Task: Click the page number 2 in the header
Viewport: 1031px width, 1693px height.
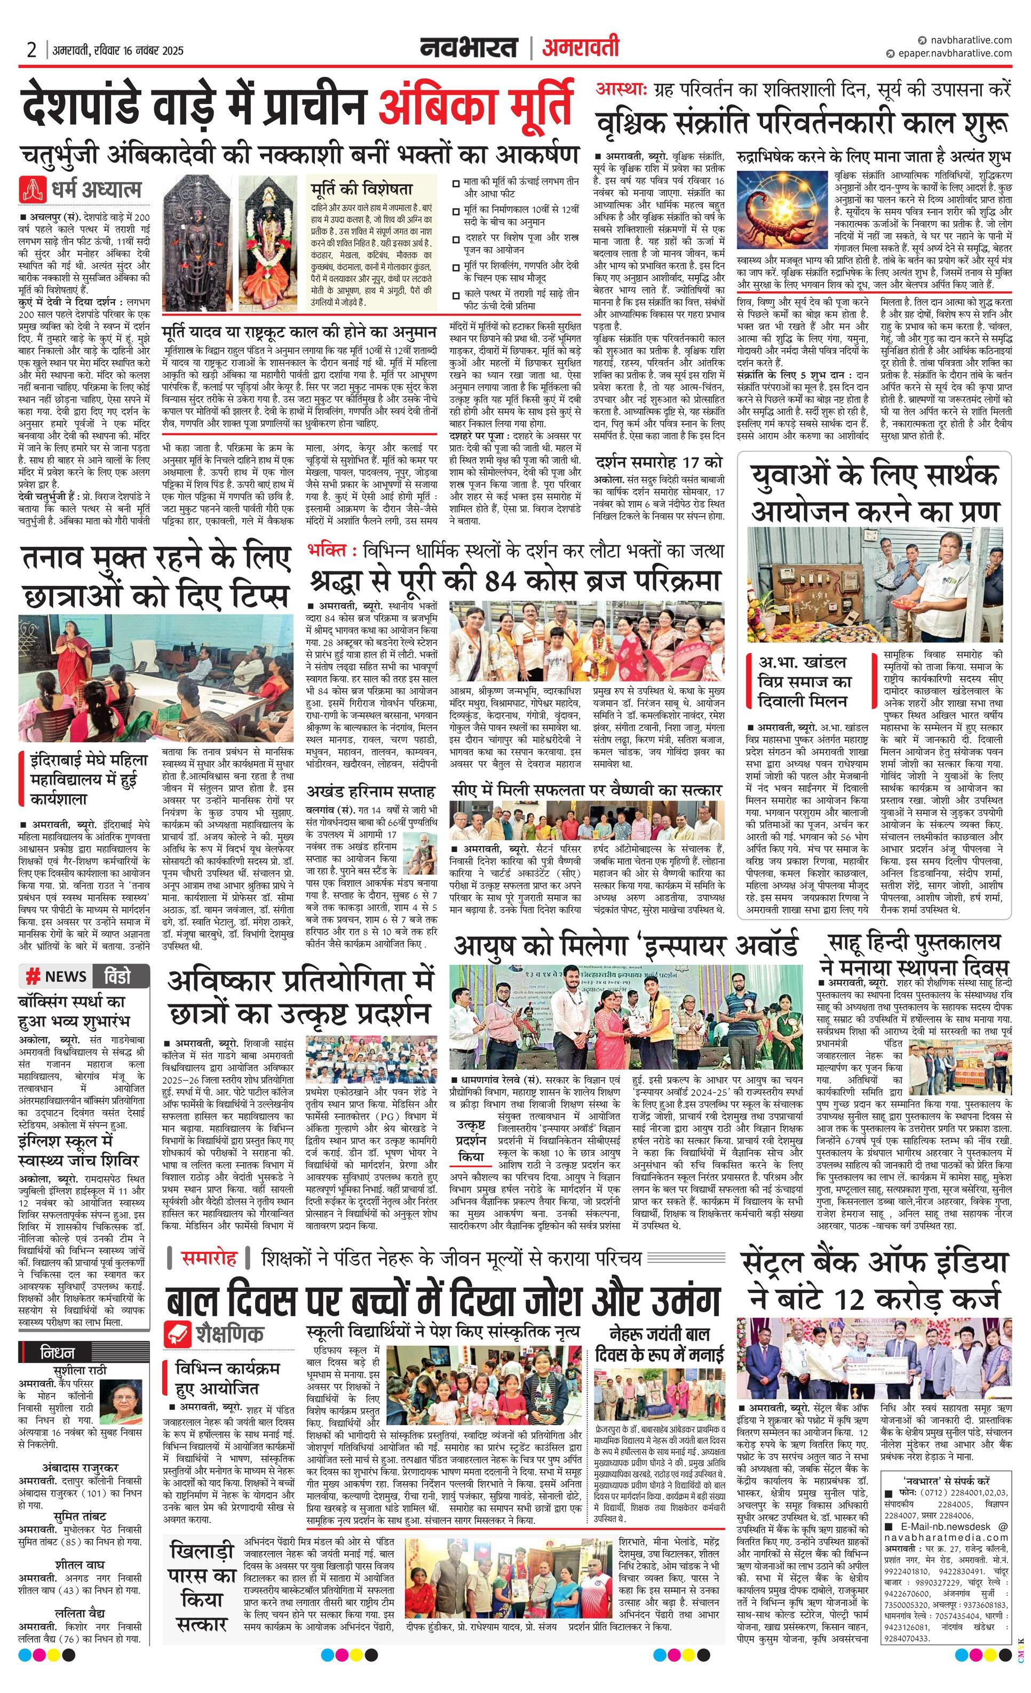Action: (31, 50)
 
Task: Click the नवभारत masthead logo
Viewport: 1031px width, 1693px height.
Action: (470, 48)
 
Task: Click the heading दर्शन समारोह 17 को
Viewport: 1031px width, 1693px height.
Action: (659, 462)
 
